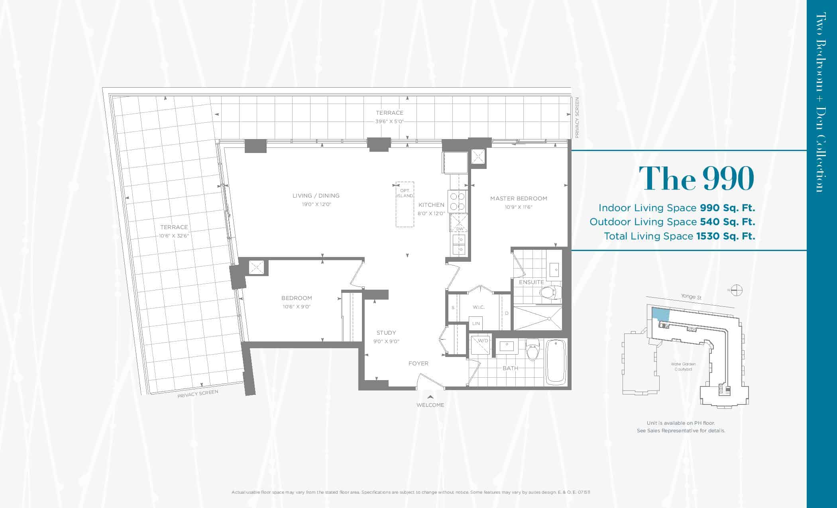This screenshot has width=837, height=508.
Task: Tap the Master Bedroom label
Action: [x=519, y=198]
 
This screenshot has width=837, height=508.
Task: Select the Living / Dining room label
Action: [x=316, y=196]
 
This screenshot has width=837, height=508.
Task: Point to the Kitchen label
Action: [x=431, y=205]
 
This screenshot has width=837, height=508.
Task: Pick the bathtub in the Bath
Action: [x=556, y=361]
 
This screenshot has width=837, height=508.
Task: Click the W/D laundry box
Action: [x=481, y=345]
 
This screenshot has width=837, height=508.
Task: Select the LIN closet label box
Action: [x=476, y=323]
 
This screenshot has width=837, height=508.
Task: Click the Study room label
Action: [x=386, y=333]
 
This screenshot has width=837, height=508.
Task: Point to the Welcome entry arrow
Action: [x=430, y=396]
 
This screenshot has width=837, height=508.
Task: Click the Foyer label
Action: [x=418, y=363]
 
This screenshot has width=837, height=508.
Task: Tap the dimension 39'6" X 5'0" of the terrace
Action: [x=389, y=122]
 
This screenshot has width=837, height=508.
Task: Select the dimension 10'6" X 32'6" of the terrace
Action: [x=174, y=236]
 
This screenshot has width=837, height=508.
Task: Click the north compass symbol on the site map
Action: [x=737, y=290]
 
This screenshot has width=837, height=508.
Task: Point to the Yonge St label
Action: [x=691, y=297]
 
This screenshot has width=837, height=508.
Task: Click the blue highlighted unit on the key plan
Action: [x=660, y=314]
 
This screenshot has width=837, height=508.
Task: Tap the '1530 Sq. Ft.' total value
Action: [x=726, y=236]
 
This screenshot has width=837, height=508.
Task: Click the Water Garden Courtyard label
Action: [x=683, y=367]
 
